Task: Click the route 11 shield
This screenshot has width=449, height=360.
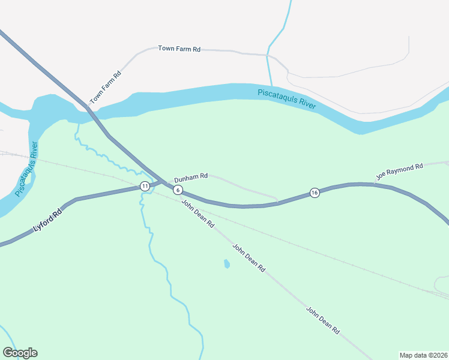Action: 145,186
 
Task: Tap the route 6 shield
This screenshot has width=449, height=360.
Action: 178,190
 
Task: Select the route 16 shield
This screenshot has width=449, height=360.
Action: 315,193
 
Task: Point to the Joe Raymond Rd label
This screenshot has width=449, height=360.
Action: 400,172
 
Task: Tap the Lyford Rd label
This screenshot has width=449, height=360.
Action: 47,221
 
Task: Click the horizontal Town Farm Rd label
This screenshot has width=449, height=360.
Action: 179,49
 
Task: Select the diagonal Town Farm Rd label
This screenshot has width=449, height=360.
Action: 106,87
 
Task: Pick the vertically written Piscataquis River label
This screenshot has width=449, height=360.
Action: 27,169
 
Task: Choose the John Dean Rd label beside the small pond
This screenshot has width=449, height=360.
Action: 249,259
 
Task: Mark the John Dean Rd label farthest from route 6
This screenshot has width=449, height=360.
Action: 323,321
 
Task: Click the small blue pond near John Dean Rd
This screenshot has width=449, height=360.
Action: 226,263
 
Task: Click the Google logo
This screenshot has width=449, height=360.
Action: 20,353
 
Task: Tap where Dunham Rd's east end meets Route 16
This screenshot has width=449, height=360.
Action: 277,202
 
